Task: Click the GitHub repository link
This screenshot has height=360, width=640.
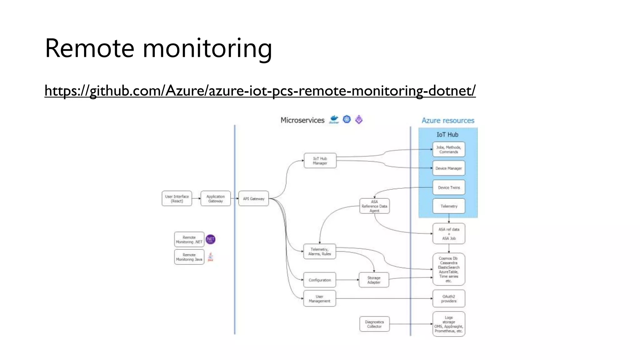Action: (x=260, y=91)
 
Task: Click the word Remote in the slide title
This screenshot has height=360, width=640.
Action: (x=89, y=48)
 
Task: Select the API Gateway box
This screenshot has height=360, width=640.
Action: (x=253, y=199)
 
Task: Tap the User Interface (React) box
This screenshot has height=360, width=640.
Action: (x=177, y=199)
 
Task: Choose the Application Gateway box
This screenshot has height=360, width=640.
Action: (x=216, y=199)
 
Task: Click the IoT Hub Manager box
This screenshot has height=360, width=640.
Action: (x=320, y=161)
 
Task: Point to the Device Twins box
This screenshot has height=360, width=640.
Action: (x=449, y=187)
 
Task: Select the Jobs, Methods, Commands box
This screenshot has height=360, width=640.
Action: (x=449, y=149)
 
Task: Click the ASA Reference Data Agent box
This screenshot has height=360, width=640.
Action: (x=374, y=206)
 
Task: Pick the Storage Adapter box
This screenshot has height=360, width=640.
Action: (x=374, y=280)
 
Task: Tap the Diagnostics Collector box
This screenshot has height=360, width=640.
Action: (x=374, y=324)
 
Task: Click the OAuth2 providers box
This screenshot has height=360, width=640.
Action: (x=449, y=299)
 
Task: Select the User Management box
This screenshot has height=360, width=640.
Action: (x=319, y=299)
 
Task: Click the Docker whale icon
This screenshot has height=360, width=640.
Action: (x=334, y=119)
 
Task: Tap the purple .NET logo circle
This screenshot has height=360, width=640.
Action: (x=211, y=239)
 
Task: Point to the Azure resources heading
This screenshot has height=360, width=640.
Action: (x=448, y=121)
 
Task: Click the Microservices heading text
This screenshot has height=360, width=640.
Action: (x=302, y=120)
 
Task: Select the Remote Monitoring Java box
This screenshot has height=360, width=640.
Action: (x=189, y=257)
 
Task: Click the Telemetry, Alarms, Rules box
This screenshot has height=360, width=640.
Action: (x=319, y=252)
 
